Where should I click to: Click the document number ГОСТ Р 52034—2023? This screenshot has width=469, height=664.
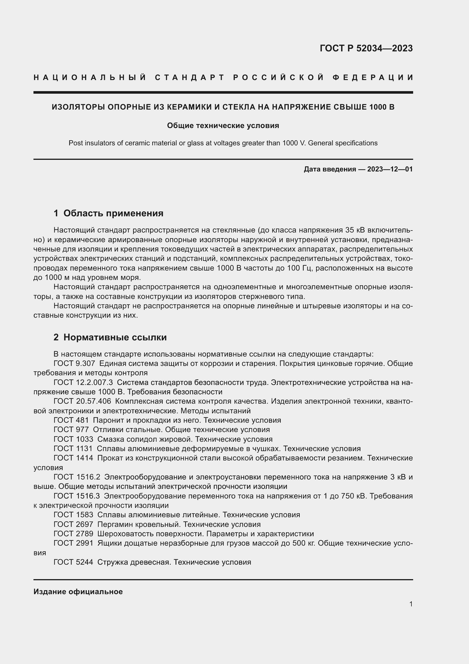click(x=366, y=48)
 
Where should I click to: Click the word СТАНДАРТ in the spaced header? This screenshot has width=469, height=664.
click(x=190, y=77)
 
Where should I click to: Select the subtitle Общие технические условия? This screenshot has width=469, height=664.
click(x=223, y=125)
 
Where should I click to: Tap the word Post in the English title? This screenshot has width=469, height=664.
click(x=76, y=143)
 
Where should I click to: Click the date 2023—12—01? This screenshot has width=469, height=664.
click(x=390, y=169)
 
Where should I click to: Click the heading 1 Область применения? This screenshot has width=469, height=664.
click(x=108, y=213)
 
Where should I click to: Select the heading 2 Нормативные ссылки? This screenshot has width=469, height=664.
click(x=110, y=337)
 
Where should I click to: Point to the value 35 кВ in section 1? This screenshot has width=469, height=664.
click(x=355, y=230)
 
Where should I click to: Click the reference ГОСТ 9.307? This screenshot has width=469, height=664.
click(x=74, y=364)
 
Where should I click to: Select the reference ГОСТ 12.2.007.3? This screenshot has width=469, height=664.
click(x=83, y=382)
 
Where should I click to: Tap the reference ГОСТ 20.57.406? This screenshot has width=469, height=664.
click(x=82, y=401)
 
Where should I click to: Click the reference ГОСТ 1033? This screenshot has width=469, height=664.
click(x=73, y=439)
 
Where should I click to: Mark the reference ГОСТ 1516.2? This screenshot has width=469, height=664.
click(x=77, y=477)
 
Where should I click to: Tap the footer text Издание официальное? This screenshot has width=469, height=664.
click(x=78, y=592)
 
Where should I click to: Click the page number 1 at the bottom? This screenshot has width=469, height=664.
click(x=411, y=604)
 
